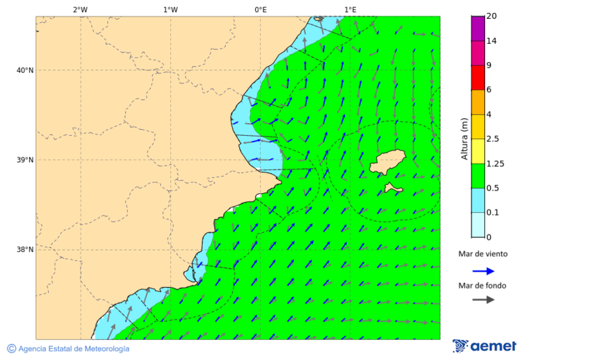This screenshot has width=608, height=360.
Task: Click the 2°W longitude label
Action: click(80, 9)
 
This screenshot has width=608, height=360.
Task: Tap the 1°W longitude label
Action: click(170, 9)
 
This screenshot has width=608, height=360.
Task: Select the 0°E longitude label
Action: click(260, 9)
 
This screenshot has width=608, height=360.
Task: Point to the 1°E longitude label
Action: click(350, 9)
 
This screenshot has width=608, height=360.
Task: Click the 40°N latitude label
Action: click(25, 70)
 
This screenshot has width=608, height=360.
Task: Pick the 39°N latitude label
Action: click(25, 160)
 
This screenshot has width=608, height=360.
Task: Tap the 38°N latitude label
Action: click(25, 249)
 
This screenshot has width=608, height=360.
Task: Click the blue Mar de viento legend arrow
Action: click(483, 271)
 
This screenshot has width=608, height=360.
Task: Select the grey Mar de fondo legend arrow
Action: click(483, 299)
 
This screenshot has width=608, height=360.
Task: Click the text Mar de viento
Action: click(482, 254)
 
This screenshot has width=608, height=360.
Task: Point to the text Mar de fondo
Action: click(482, 285)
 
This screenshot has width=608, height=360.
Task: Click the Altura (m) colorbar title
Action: click(464, 138)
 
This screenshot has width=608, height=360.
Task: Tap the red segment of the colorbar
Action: click(478, 77)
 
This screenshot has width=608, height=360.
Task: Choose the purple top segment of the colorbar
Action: click(478, 28)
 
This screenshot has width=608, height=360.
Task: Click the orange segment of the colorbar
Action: click(478, 102)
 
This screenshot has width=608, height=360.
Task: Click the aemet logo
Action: click(484, 346)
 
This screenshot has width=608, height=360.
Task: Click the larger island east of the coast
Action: click(387, 163)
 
